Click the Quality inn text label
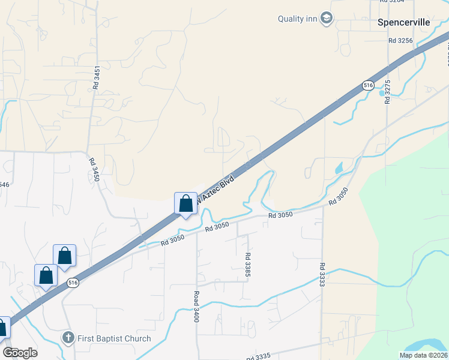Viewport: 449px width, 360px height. [297, 19]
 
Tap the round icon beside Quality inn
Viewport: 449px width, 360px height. [327, 19]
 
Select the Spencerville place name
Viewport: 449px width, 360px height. [404, 22]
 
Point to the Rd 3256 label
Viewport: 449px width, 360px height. [400, 40]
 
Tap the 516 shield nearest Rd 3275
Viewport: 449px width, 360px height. [368, 86]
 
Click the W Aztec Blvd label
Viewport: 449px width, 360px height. [217, 187]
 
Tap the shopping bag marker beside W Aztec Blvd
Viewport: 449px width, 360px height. [185, 204]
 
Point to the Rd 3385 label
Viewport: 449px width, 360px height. [247, 265]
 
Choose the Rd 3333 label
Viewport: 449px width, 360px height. [322, 274]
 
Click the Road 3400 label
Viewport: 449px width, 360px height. [196, 307]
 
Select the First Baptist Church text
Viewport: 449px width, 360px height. [114, 338]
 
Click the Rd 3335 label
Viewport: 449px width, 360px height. [259, 356]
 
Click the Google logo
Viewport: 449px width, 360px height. [20, 353]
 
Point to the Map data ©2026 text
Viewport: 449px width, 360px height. [423, 355]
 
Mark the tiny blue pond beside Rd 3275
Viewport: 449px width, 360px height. [381, 94]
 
